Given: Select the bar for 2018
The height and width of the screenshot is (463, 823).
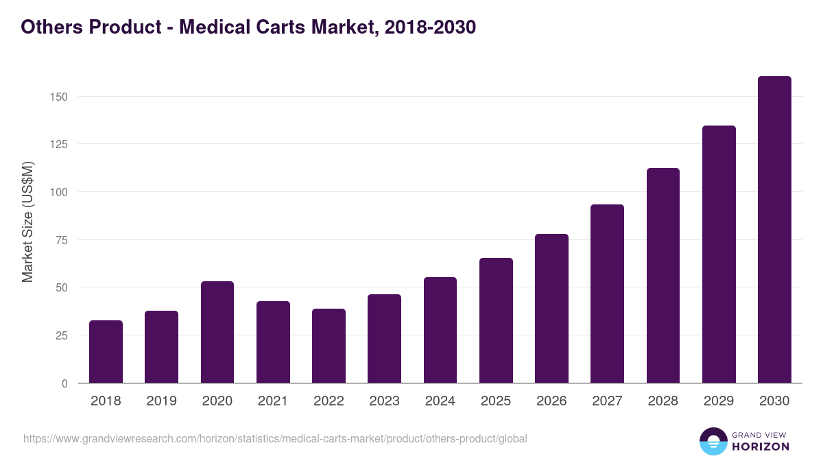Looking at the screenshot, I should pyautogui.click(x=106, y=352).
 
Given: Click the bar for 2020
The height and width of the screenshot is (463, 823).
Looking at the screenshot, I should pyautogui.click(x=217, y=332).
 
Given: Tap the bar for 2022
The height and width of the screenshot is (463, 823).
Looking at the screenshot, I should pyautogui.click(x=329, y=346).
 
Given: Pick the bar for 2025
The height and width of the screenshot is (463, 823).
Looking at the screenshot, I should pyautogui.click(x=496, y=320).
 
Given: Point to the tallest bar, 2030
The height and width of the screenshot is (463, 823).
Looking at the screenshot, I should pyautogui.click(x=774, y=230).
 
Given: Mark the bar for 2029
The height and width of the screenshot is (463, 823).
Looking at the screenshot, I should pyautogui.click(x=719, y=254).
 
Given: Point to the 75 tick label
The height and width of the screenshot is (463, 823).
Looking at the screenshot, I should pyautogui.click(x=61, y=240).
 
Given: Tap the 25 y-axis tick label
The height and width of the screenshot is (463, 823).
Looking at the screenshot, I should pyautogui.click(x=61, y=335).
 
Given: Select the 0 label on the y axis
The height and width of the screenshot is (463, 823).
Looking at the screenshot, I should pyautogui.click(x=64, y=383).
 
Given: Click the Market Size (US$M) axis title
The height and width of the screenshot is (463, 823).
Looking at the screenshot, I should pyautogui.click(x=27, y=222).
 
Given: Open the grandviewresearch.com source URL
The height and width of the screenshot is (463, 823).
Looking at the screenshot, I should pyautogui.click(x=275, y=438).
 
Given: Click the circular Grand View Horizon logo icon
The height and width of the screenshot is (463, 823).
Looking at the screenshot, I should pyautogui.click(x=713, y=441).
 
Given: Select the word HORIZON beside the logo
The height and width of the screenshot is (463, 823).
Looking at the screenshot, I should pyautogui.click(x=761, y=447).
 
